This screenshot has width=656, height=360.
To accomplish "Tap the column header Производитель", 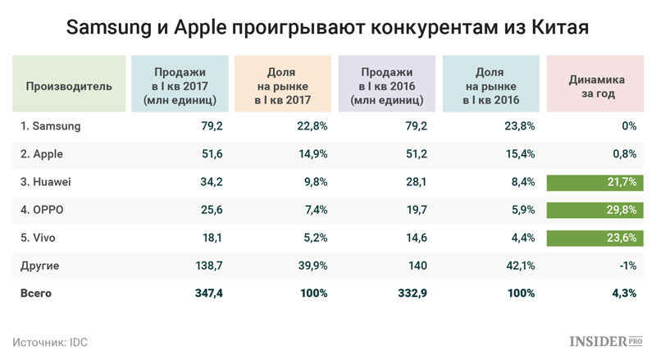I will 69,84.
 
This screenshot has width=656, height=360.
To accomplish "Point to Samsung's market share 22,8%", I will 312,125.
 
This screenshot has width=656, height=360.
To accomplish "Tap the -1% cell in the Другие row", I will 627,265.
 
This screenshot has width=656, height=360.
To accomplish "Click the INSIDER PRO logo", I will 606,339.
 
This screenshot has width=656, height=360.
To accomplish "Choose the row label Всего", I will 39,293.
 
